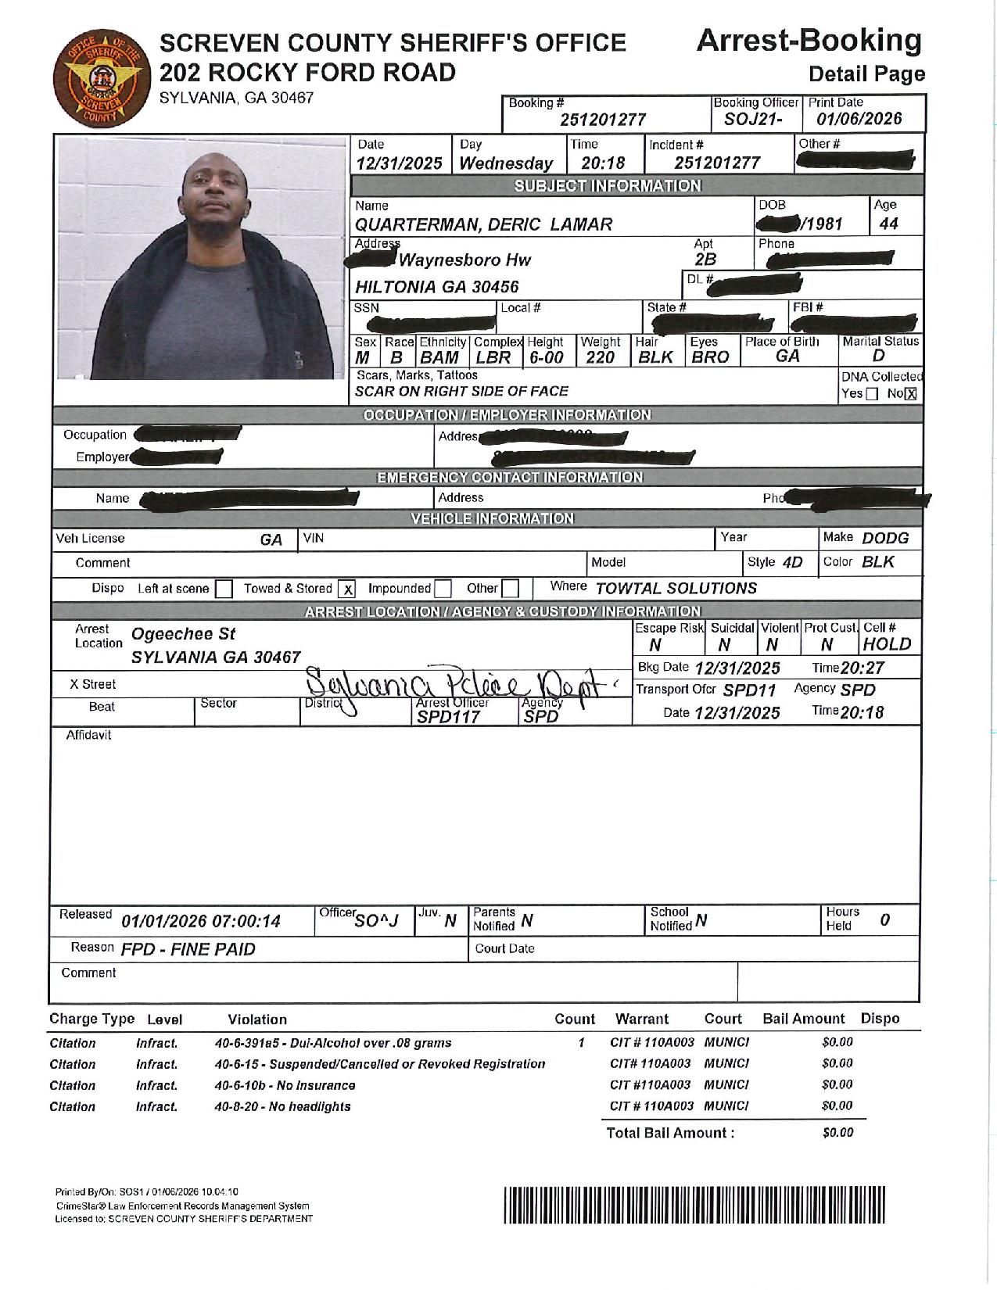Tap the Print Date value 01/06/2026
pos(859,119)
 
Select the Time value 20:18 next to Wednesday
pos(603,163)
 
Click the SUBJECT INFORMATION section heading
pos(607,185)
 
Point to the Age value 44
pos(888,224)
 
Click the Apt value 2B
pos(705,260)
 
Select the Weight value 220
pos(600,357)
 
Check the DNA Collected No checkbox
pos(910,394)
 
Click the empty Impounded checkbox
pos(443,589)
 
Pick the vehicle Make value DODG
pos(885,538)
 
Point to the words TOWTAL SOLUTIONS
pos(676,588)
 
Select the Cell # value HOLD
pos(887,644)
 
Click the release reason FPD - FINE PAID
pos(188,949)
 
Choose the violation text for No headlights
pos(282,1106)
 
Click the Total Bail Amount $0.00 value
pos(837,1132)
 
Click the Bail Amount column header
pos(803,1019)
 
